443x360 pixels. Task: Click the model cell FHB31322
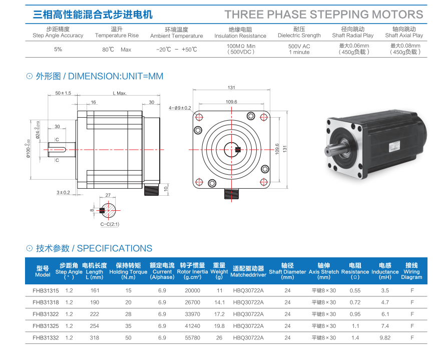pos(46,314)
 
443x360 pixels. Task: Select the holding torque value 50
pos(128,338)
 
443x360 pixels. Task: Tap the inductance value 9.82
pos(385,338)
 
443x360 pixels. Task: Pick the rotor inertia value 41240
pos(192,326)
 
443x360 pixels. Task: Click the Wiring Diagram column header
pos(411,271)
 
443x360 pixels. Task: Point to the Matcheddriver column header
pos(248,271)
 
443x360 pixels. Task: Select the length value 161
pos(95,290)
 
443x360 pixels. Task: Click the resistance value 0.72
pos(355,302)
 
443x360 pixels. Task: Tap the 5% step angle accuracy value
pos(58,49)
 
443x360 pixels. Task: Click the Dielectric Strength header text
pos(299,36)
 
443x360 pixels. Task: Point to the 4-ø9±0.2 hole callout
pos(180,108)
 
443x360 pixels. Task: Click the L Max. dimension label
pos(120,93)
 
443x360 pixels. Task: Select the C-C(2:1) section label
pos(110,224)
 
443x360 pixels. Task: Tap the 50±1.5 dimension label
pos(63,93)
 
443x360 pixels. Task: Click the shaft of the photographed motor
pos(334,149)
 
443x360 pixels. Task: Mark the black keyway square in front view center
pos(238,150)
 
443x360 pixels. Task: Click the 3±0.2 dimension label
pos(63,193)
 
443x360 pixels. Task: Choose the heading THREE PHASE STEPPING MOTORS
pos(324,15)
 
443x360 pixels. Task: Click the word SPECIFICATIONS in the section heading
pos(115,248)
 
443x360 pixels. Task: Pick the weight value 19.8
pos(219,326)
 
